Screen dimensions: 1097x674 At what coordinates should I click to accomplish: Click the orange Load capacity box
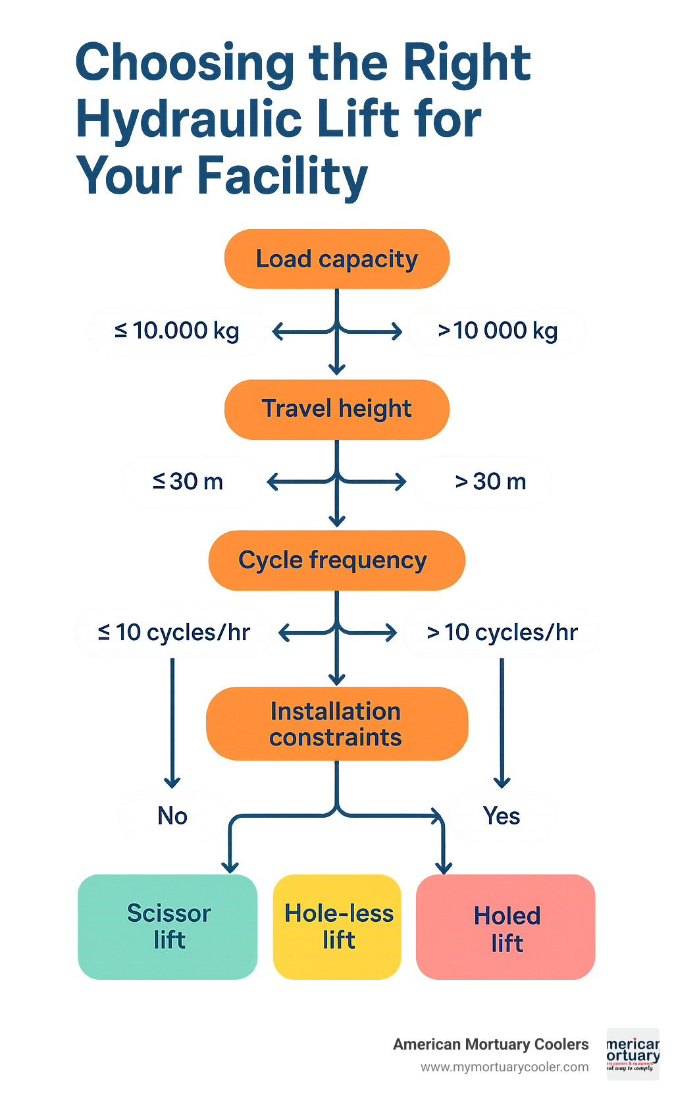click(336, 259)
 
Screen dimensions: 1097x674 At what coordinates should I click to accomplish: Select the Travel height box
click(336, 409)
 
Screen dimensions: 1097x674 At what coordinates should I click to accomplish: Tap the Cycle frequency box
click(336, 560)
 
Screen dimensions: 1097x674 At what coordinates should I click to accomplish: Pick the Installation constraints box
click(336, 724)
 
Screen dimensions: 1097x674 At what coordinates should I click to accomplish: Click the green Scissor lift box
click(168, 926)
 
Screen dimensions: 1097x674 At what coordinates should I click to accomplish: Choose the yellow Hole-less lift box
click(338, 926)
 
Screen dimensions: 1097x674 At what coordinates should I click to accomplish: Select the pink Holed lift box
click(505, 927)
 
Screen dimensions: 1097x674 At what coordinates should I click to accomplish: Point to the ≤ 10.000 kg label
click(176, 331)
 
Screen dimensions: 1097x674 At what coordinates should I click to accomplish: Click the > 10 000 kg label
click(497, 331)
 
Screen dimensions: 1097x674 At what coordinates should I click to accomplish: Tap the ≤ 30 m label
click(188, 481)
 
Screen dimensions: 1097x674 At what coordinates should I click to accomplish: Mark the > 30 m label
click(490, 481)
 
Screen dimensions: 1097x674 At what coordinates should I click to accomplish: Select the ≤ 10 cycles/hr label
click(174, 632)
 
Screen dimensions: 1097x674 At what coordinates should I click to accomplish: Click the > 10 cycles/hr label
click(502, 632)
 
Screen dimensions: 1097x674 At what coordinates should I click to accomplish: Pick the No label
click(172, 816)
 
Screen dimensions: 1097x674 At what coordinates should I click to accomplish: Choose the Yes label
click(502, 816)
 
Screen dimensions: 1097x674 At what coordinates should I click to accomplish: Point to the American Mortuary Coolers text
click(490, 1044)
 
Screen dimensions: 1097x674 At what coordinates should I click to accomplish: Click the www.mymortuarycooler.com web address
click(505, 1067)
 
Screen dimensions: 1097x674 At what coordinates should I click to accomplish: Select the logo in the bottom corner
click(633, 1054)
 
